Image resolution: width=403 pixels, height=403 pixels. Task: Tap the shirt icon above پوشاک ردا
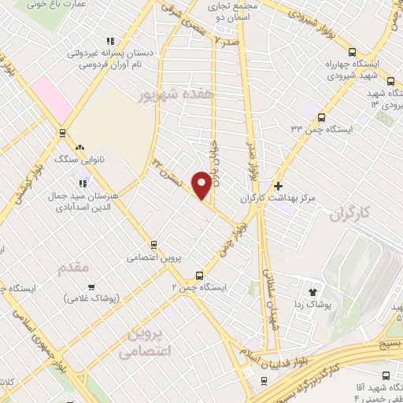(320, 290)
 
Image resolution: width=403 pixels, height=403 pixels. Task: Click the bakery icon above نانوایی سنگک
(79, 146)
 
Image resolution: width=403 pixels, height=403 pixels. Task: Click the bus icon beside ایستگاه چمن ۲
(199, 276)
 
